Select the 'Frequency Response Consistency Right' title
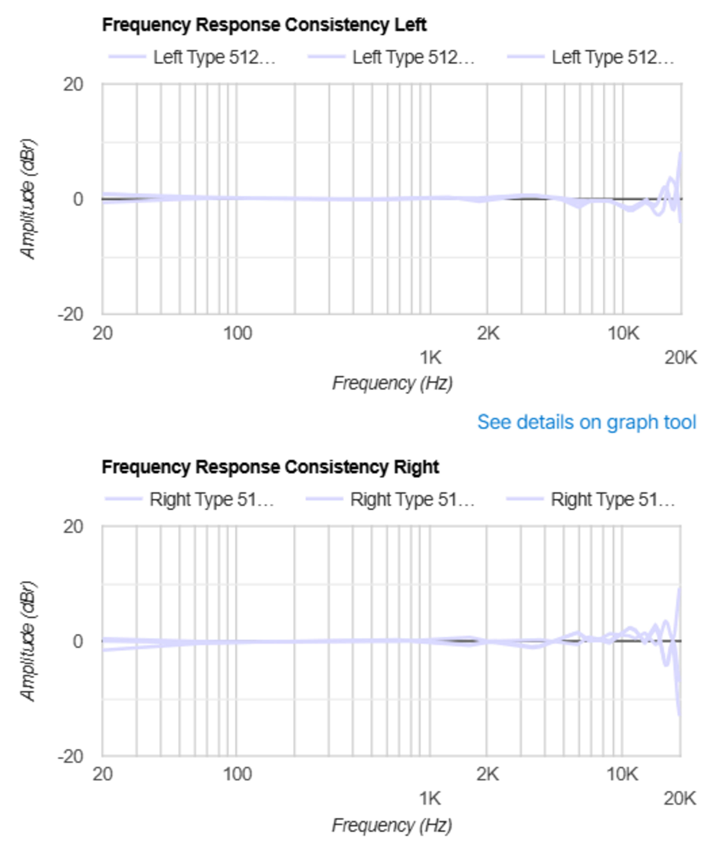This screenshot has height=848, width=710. [270, 467]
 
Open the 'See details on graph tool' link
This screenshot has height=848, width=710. [586, 422]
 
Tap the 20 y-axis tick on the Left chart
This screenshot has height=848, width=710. [73, 85]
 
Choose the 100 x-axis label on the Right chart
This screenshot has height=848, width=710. [237, 774]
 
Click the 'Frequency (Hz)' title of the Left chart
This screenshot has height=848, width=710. [392, 383]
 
